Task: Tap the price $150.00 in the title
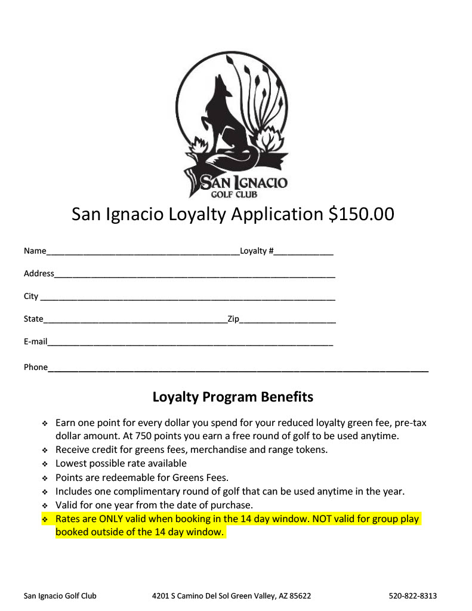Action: click(x=361, y=214)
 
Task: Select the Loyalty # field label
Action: click(x=257, y=251)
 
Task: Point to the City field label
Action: click(x=31, y=297)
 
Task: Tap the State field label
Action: click(x=33, y=319)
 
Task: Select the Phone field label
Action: click(x=36, y=368)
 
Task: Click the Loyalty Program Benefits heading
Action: click(x=233, y=397)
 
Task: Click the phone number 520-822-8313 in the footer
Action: click(x=412, y=595)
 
